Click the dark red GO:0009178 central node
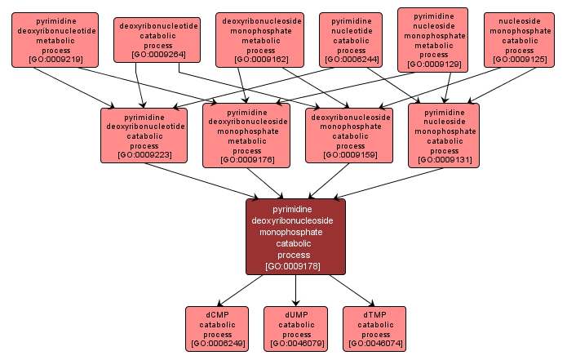(296, 237)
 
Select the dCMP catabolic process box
(217, 328)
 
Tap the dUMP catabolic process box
(296, 328)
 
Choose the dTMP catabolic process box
(375, 328)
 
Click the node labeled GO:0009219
(55, 39)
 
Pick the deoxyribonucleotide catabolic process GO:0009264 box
(157, 40)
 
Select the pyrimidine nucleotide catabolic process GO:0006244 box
(351, 39)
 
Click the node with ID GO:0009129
(433, 39)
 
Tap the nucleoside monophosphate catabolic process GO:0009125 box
(519, 39)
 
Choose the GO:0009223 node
(144, 133)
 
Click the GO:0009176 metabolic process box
(246, 133)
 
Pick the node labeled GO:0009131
(444, 133)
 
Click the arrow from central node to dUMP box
(296, 290)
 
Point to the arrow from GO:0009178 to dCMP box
(242, 290)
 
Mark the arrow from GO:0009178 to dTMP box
(350, 290)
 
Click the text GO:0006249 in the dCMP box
(217, 344)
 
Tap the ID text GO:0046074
(375, 344)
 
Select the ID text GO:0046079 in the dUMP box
(296, 344)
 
